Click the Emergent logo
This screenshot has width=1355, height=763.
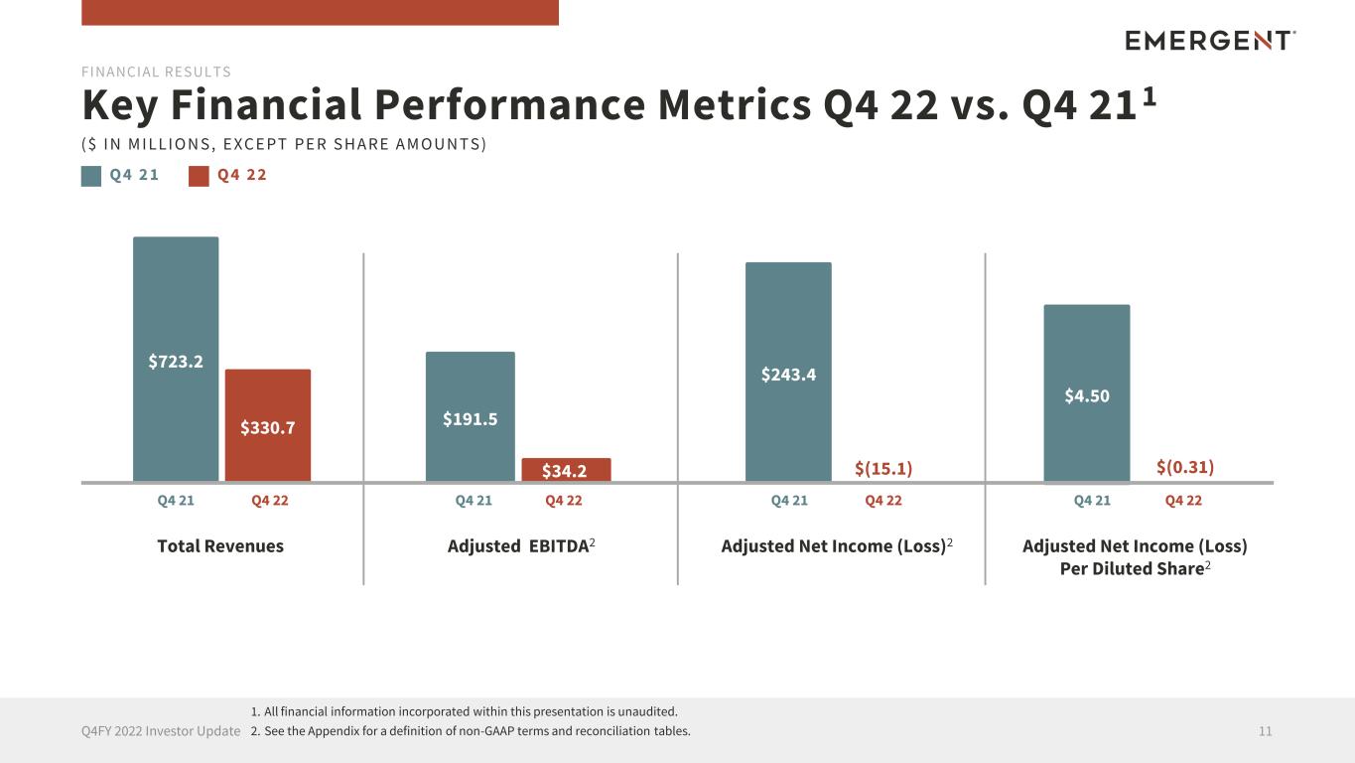click(1210, 40)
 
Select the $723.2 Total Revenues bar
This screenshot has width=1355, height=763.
click(176, 359)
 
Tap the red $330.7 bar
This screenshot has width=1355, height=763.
click(268, 425)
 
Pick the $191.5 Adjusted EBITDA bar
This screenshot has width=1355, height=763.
click(471, 416)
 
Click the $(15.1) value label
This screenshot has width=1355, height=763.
click(883, 468)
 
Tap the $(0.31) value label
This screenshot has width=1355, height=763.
click(1185, 467)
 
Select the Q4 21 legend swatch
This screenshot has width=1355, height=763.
click(91, 176)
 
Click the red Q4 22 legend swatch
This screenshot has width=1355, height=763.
click(200, 176)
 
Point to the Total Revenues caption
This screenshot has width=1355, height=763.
click(220, 546)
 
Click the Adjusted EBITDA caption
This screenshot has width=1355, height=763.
click(520, 546)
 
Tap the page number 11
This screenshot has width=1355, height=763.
click(1265, 731)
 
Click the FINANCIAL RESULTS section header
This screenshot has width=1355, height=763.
click(156, 72)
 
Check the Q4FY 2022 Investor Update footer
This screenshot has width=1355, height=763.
click(161, 731)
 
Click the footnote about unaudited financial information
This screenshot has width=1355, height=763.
click(465, 711)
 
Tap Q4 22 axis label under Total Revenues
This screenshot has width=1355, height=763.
click(270, 501)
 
